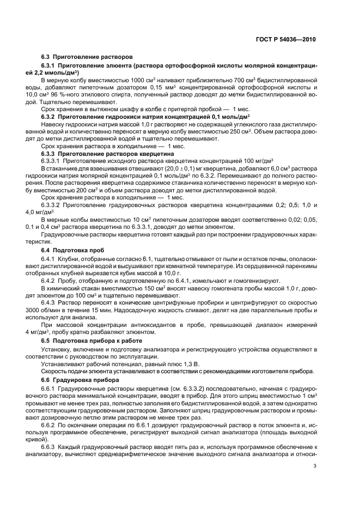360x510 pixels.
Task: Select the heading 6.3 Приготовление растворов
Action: point(79,56)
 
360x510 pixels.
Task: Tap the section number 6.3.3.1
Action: point(52,162)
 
